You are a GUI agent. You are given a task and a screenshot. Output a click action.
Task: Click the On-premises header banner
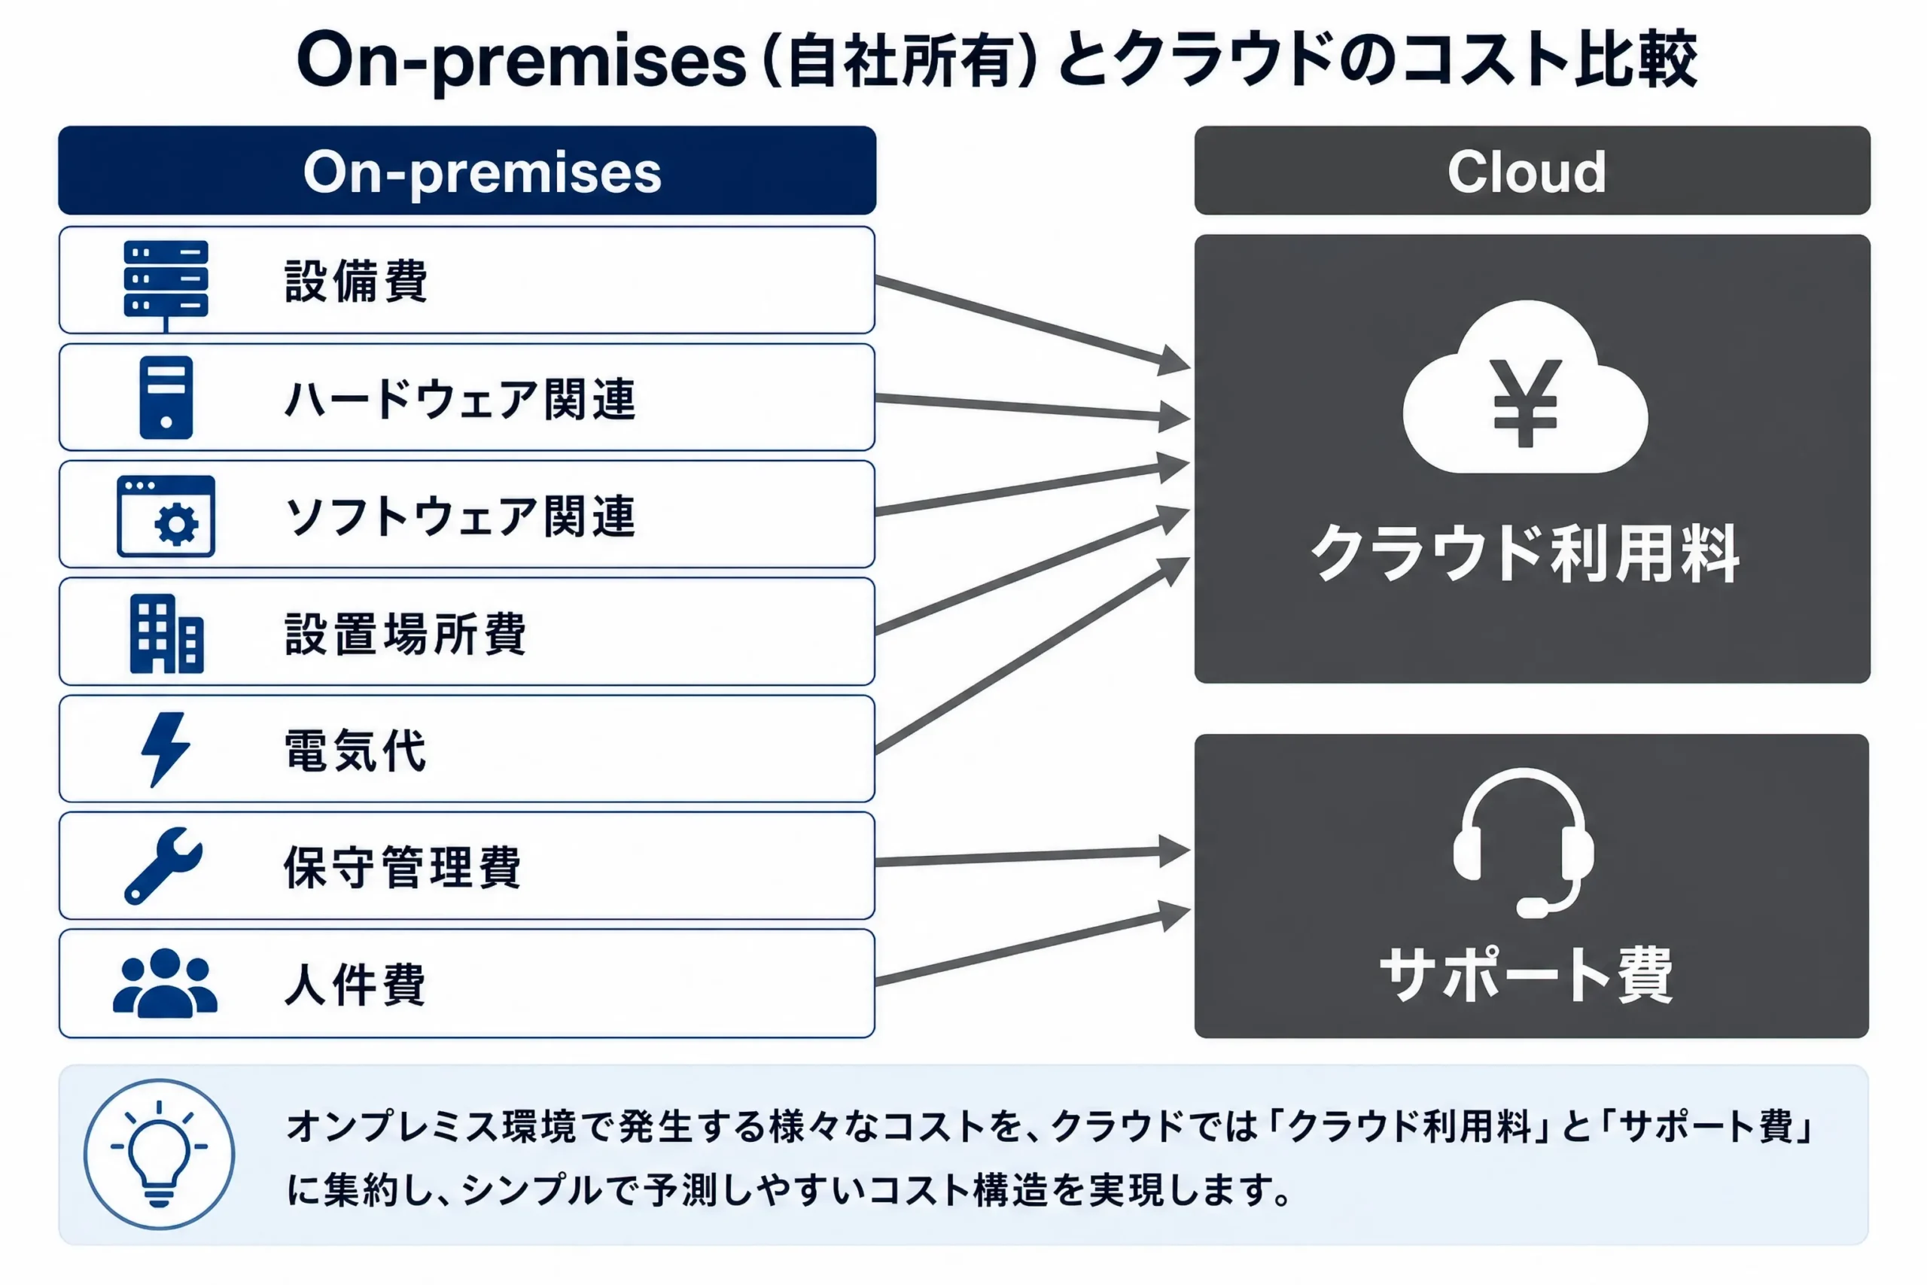[467, 170]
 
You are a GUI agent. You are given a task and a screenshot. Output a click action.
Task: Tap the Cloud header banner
[1532, 170]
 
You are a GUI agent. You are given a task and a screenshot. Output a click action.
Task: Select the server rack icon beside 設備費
[166, 285]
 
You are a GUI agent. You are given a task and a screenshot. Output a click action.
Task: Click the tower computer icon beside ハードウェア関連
[166, 397]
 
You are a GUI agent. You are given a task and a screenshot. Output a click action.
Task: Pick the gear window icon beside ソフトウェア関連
[166, 516]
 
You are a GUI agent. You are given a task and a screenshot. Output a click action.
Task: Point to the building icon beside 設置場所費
[166, 634]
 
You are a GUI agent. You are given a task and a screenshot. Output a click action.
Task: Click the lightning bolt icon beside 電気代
[166, 749]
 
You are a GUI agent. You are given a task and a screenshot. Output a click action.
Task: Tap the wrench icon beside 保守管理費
[163, 866]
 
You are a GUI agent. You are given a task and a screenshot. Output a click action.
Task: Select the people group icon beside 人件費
[165, 982]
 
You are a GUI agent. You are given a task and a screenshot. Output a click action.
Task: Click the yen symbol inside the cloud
[1525, 403]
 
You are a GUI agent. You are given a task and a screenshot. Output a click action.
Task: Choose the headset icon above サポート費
[1524, 842]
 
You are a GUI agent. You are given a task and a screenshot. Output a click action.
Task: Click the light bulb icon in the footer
[159, 1154]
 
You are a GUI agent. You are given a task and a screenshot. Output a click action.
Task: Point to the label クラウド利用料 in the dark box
[1525, 554]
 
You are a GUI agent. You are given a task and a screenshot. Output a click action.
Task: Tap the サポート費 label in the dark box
[1526, 974]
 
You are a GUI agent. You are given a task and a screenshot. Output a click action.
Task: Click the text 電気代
[355, 750]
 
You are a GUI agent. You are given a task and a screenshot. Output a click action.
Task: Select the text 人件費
[355, 984]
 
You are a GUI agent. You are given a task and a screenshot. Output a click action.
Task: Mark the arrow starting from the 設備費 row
[1032, 322]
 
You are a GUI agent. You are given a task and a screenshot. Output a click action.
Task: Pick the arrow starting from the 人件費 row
[1032, 942]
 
